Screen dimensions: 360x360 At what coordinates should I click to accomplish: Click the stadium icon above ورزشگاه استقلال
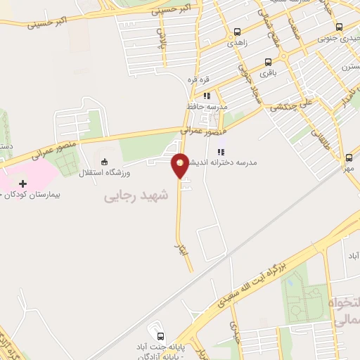click(x=105, y=161)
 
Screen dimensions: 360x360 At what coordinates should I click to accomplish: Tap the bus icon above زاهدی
click(x=237, y=32)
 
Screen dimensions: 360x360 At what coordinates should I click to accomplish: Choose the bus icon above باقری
click(x=268, y=61)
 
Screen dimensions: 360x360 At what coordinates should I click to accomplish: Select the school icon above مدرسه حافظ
click(x=207, y=96)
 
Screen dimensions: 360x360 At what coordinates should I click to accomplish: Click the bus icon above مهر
click(x=347, y=159)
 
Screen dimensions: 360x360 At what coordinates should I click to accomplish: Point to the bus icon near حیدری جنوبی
click(x=340, y=27)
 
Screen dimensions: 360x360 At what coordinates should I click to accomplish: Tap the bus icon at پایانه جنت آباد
click(x=161, y=336)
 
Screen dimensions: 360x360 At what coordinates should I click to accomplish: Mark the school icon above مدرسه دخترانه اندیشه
click(x=220, y=151)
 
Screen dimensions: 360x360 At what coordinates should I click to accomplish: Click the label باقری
click(x=269, y=72)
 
